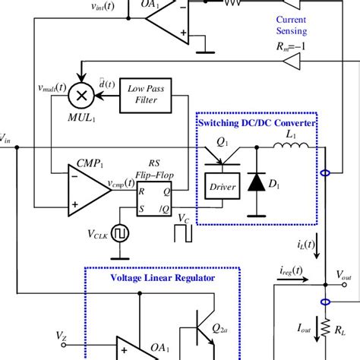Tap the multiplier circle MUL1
(79, 94)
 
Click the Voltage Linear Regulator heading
(163, 277)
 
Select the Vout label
(343, 277)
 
